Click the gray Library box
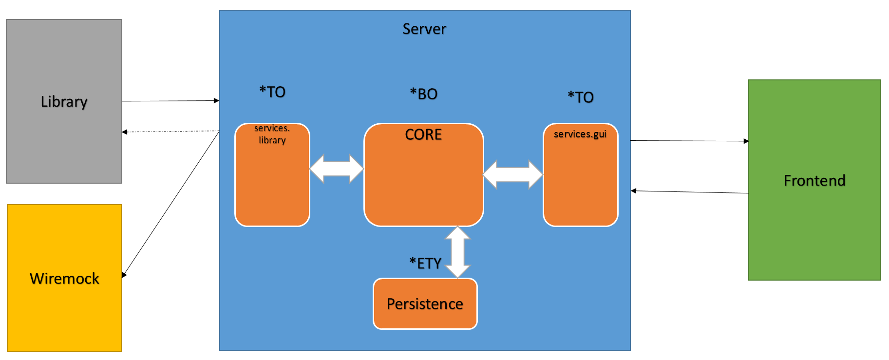pyautogui.click(x=64, y=101)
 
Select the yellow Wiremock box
pyautogui.click(x=64, y=278)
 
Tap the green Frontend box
pyautogui.click(x=814, y=180)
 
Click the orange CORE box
pyautogui.click(x=424, y=175)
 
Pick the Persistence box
pyautogui.click(x=425, y=304)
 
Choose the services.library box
pyautogui.click(x=272, y=175)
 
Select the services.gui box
pyautogui.click(x=581, y=175)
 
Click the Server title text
pyautogui.click(x=424, y=29)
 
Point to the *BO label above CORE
pyautogui.click(x=424, y=94)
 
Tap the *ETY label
pyautogui.click(x=425, y=263)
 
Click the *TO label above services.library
pyautogui.click(x=272, y=92)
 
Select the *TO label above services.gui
pyautogui.click(x=581, y=97)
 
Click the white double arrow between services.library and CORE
pyautogui.click(x=337, y=169)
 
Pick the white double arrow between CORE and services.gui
pyautogui.click(x=513, y=174)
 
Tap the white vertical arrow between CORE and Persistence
pyautogui.click(x=458, y=252)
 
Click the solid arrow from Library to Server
pyautogui.click(x=170, y=101)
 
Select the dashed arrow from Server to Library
pyautogui.click(x=170, y=132)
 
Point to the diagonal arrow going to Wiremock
pyautogui.click(x=170, y=205)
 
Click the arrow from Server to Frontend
pyautogui.click(x=690, y=141)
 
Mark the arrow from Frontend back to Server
pyautogui.click(x=690, y=192)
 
